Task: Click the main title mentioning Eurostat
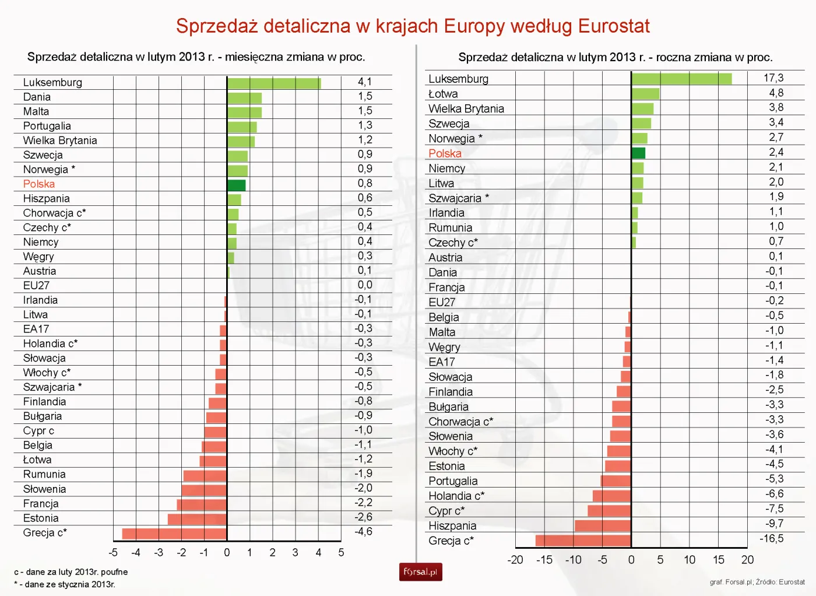click(413, 26)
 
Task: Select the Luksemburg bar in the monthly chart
click(273, 83)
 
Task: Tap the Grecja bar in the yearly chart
click(583, 541)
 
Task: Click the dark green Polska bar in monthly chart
click(236, 185)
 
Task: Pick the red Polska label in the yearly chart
click(445, 153)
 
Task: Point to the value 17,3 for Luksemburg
click(773, 78)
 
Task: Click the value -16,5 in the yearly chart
click(771, 539)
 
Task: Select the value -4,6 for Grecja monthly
click(363, 532)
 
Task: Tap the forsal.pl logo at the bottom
click(420, 572)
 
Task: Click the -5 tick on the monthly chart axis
click(113, 552)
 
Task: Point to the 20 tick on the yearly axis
click(747, 560)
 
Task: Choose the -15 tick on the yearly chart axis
click(544, 560)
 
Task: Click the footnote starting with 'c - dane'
click(71, 572)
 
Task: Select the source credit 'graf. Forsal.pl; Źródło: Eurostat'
click(757, 582)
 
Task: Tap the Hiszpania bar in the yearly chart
click(602, 525)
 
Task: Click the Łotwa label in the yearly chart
click(443, 94)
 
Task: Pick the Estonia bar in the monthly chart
click(197, 518)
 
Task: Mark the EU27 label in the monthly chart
click(36, 286)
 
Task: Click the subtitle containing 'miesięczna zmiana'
click(196, 57)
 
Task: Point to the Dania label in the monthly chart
click(37, 97)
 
